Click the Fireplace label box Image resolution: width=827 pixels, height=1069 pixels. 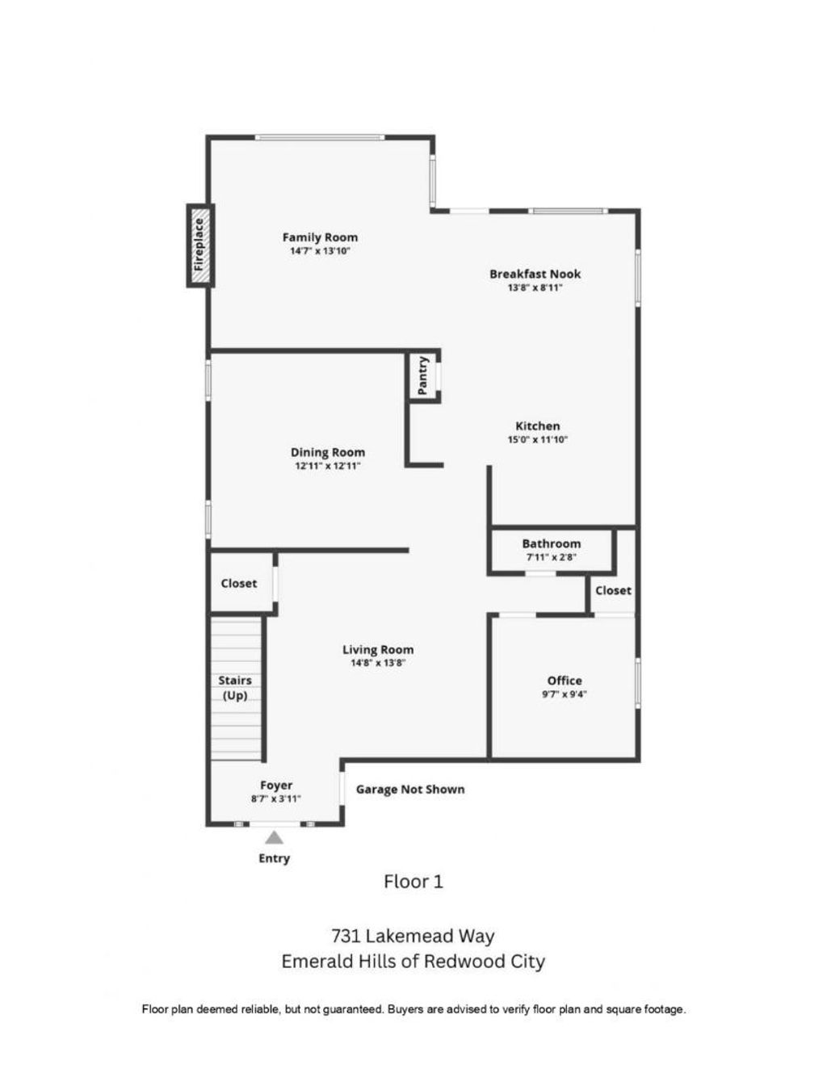pos(200,245)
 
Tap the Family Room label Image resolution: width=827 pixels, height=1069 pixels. pos(320,237)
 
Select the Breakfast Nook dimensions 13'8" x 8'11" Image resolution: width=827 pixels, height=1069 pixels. pos(535,287)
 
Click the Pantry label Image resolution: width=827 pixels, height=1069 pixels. pos(422,376)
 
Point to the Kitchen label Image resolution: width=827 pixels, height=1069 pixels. pos(537,426)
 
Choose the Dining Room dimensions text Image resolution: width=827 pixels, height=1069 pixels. pos(328,465)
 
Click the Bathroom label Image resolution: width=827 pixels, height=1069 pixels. pos(551,543)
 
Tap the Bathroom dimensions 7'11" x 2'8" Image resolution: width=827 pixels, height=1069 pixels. pos(551,557)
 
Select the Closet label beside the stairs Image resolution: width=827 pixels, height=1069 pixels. pos(238,583)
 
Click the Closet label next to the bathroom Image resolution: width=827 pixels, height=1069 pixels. pos(613,590)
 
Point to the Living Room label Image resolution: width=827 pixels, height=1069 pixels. pos(378,649)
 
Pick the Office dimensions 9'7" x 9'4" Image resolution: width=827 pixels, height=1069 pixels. pos(565,694)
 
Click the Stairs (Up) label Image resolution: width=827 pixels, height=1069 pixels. pos(235,688)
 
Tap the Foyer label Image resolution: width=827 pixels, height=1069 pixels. pos(276,785)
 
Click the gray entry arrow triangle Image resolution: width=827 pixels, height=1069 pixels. pos(274,837)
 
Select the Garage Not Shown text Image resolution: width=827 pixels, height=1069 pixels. pos(409,789)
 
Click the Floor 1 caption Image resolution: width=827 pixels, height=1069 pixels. pos(413,881)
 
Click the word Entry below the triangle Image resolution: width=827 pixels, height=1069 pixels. pos(274,858)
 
